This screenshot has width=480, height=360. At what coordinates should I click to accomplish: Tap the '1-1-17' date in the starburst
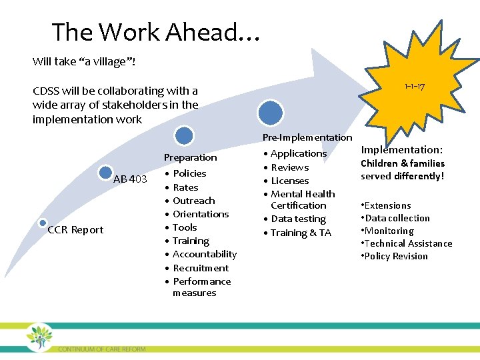tap(415, 87)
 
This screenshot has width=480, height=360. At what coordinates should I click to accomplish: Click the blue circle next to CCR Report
tap(43, 223)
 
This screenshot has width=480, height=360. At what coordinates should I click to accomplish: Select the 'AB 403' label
tap(130, 179)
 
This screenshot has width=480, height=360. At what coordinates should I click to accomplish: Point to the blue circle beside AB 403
tap(105, 173)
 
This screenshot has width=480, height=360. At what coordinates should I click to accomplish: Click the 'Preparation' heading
tap(191, 157)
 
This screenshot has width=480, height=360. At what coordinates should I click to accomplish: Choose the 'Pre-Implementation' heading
tap(307, 137)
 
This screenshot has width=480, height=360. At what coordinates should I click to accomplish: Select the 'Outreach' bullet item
tap(193, 201)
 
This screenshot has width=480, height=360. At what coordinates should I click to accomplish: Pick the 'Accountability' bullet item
tap(204, 254)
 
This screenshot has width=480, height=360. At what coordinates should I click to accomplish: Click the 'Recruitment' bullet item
tap(200, 268)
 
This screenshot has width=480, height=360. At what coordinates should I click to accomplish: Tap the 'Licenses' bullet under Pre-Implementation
tap(289, 181)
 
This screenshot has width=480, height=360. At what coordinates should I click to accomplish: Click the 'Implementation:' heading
tap(401, 150)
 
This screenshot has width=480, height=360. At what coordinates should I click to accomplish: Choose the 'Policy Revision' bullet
tap(396, 256)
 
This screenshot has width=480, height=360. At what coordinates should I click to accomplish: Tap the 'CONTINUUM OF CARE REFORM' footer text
tap(101, 349)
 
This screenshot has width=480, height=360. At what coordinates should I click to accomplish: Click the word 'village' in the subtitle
tap(105, 61)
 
